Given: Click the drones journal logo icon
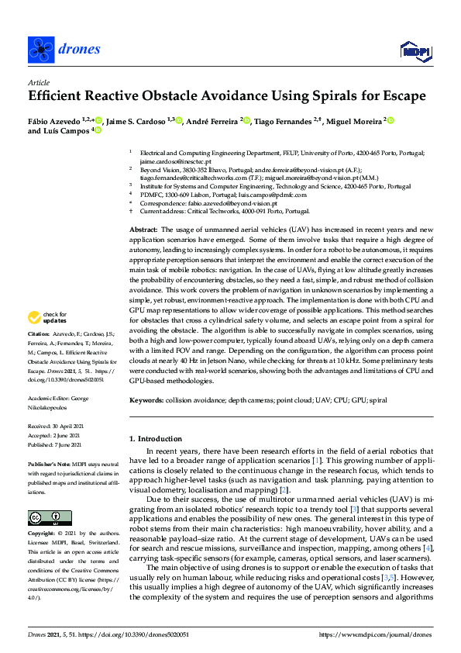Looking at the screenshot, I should tap(40, 50).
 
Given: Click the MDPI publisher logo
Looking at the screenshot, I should tap(415, 51).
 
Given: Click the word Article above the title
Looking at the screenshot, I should tap(38, 81).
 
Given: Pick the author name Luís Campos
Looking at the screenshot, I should tap(68, 132).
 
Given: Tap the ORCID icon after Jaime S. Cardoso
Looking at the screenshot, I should tap(179, 120).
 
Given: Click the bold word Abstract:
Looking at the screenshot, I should tap(143, 230).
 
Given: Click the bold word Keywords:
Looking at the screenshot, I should tap(146, 400).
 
